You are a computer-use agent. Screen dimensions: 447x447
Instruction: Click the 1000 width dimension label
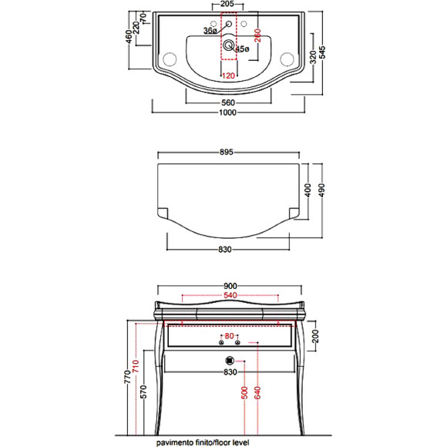[228, 113]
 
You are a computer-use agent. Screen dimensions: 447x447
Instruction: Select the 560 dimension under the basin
[228, 103]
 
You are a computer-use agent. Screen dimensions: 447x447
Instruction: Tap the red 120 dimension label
[228, 76]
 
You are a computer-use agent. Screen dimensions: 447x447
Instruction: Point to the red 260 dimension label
[257, 35]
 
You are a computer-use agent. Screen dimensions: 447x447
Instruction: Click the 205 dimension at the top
[227, 4]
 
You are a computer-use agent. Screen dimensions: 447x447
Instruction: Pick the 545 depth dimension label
[322, 52]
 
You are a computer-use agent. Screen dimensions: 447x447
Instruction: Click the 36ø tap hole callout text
[210, 31]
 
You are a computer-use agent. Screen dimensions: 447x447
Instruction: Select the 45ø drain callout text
[242, 49]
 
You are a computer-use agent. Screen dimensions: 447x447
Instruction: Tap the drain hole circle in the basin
[229, 45]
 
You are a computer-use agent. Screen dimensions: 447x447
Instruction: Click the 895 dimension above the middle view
[227, 153]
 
